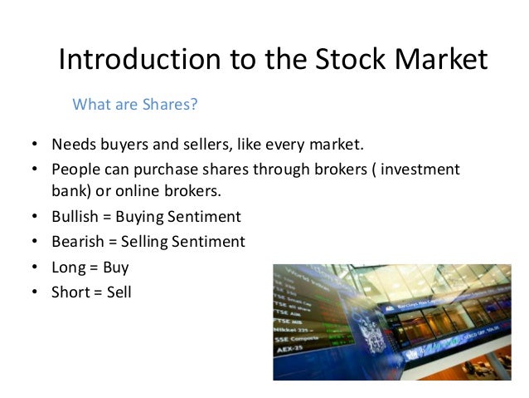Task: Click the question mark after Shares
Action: point(196,105)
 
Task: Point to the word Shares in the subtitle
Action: point(168,105)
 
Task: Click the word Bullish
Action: point(75,217)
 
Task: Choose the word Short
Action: point(70,292)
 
